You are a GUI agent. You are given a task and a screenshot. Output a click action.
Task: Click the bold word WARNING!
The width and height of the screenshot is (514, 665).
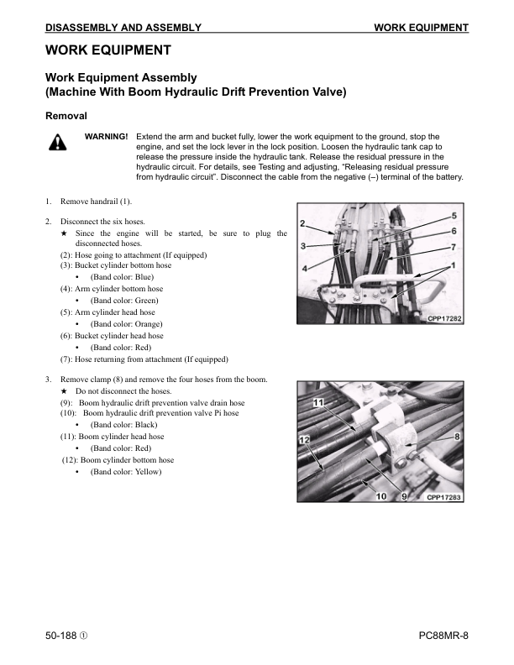pos(107,136)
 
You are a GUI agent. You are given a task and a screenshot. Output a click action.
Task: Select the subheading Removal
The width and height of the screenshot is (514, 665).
pos(67,115)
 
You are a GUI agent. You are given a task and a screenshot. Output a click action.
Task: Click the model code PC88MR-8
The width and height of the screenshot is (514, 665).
pos(443,636)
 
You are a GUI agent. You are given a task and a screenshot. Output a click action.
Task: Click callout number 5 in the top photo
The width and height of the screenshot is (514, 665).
pos(454,217)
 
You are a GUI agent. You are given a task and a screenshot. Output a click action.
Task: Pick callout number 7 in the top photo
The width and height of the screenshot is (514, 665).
pos(454,247)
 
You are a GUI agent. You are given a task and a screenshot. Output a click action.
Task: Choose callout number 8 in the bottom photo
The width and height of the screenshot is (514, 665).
pos(457,437)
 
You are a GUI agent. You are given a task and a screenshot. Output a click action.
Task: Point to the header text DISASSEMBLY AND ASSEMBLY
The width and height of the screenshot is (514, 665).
pos(123,28)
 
